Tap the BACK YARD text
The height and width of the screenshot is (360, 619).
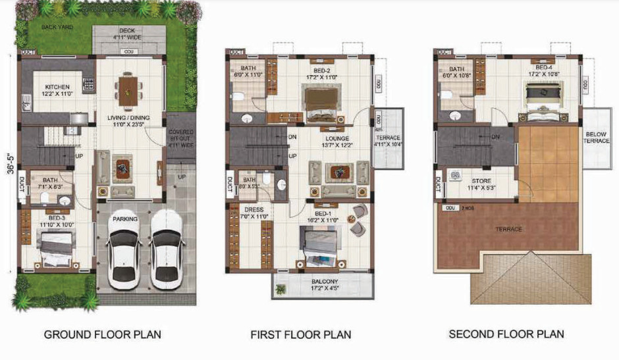tap(57, 27)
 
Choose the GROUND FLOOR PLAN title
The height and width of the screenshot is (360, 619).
tap(102, 334)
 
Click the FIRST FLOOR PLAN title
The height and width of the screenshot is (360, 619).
tap(301, 334)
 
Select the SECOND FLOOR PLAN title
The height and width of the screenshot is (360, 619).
tap(506, 334)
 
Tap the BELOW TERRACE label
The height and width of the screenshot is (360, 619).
tap(595, 138)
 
